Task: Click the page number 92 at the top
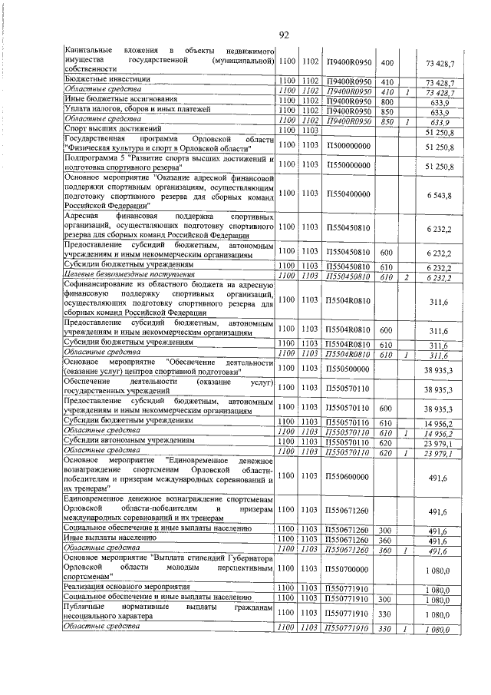coord(284,35)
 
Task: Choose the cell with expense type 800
coord(387,100)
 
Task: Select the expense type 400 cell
coord(387,61)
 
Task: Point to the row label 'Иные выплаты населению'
coord(107,540)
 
